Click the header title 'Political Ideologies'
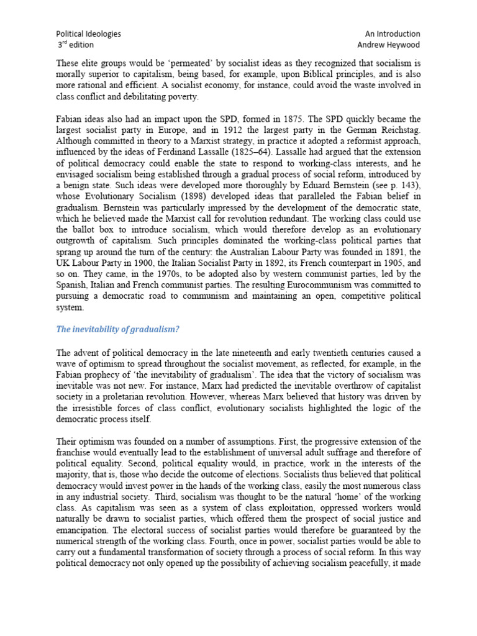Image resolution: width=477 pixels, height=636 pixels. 89,34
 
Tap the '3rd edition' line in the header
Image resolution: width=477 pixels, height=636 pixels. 76,45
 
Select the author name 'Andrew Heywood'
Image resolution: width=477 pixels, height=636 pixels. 389,45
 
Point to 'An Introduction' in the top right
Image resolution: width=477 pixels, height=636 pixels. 393,34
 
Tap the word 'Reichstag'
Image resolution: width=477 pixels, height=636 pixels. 397,130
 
